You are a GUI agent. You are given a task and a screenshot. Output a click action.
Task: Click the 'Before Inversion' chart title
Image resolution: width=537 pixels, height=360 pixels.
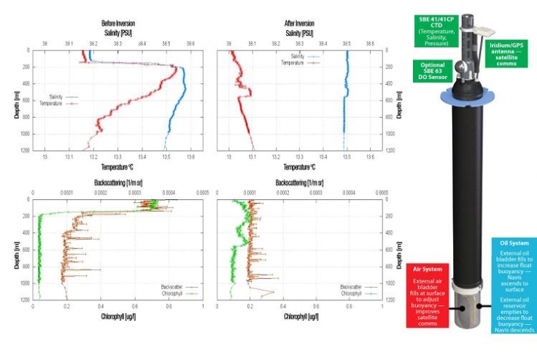point(117,23)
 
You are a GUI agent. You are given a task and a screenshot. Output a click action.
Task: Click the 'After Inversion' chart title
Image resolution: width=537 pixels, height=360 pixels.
point(300,23)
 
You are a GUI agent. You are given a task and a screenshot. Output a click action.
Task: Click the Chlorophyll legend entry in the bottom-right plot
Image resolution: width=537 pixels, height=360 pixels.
point(355,294)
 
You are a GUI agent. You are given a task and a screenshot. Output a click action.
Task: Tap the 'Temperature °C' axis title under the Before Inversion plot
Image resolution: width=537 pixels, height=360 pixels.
point(117,167)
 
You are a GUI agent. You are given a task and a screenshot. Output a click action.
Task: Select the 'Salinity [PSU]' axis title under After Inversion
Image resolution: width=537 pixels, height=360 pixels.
point(300,34)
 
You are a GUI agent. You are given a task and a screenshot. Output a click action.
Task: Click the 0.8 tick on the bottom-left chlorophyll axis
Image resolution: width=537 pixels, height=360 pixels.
point(169,307)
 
